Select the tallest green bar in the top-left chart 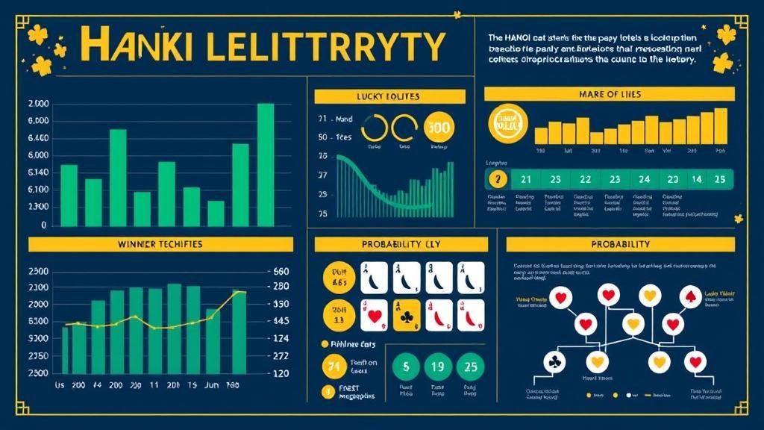[x=265, y=164]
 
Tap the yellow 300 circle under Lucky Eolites [x=437, y=128]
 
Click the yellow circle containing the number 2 [x=497, y=179]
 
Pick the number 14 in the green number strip [x=696, y=179]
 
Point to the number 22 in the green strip [x=585, y=179]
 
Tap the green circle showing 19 [x=438, y=367]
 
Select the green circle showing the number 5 [x=406, y=367]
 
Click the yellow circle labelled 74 [x=333, y=366]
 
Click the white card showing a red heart [x=374, y=314]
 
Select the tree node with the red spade [x=691, y=296]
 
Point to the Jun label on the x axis [x=213, y=385]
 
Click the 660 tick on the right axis [x=281, y=272]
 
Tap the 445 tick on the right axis [x=281, y=321]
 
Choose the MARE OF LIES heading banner [x=609, y=94]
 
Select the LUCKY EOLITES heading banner [x=389, y=96]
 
